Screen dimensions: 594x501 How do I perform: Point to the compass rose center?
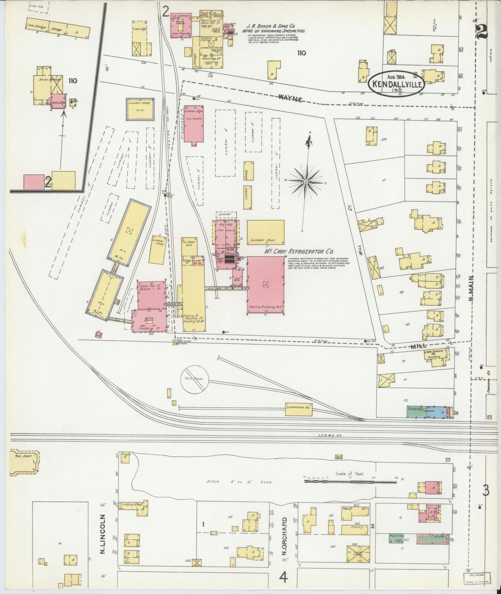pyautogui.click(x=306, y=181)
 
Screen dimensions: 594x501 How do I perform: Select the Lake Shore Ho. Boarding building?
pyautogui.click(x=436, y=355)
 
